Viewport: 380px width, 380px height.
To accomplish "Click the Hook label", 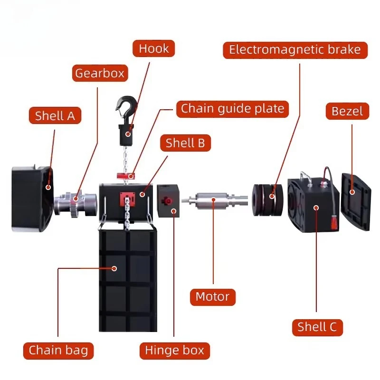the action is pos(153,48).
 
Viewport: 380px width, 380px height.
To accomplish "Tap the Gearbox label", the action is pos(100,73).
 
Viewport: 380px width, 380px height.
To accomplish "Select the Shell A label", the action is pos(55,115).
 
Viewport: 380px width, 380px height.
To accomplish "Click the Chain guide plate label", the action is pos(232,108).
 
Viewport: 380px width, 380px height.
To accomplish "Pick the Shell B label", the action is pos(185,142).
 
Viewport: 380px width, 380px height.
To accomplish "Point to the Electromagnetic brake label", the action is pos(295,49).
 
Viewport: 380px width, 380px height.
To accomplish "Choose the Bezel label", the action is pos(347,111).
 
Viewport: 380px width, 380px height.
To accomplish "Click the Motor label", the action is pos(212,297).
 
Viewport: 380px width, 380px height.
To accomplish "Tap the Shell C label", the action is pos(317,327).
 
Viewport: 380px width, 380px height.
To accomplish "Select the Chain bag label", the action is pos(58,351).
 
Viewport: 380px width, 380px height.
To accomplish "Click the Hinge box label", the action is pos(174,351).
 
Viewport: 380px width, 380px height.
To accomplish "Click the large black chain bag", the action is pos(127,280).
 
